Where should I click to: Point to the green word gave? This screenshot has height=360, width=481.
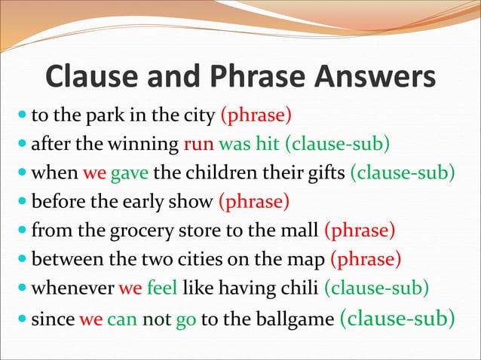tap(130, 173)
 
